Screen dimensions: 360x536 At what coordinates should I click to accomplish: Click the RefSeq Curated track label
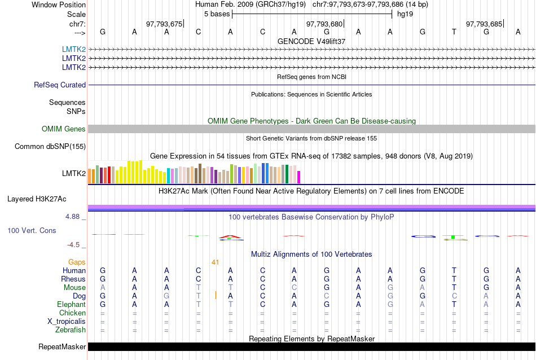(60, 85)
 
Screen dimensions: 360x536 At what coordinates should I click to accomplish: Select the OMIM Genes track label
(64, 129)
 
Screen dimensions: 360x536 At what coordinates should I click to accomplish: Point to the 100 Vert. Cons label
(32, 231)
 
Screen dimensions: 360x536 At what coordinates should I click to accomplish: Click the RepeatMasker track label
(62, 346)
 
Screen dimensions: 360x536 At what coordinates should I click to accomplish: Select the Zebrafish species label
(71, 330)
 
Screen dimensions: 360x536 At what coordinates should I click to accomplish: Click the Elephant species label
(71, 304)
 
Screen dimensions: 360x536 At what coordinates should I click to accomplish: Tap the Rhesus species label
(73, 279)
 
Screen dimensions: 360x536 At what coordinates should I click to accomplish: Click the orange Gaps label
(77, 262)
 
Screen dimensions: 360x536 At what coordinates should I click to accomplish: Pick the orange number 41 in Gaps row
(215, 262)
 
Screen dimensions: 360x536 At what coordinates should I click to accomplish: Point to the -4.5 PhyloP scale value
(74, 245)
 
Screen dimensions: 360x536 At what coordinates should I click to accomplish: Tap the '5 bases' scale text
(217, 13)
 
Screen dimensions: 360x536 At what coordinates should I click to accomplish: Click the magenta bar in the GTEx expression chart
(299, 177)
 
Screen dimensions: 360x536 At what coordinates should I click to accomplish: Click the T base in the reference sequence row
(454, 32)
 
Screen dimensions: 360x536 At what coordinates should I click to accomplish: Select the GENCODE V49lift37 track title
(311, 41)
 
